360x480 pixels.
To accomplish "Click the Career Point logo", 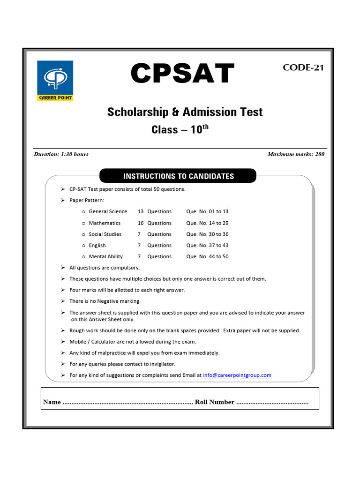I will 55,80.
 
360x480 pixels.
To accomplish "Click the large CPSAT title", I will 182,74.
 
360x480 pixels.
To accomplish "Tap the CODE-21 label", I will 303,67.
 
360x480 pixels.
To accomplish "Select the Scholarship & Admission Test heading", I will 185,112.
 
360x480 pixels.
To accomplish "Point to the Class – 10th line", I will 180,129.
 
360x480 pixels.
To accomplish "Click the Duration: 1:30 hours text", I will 61,154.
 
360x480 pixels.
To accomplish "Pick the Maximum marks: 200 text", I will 295,154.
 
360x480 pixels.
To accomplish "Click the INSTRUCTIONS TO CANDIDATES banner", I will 178,176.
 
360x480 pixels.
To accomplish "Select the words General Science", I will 108,212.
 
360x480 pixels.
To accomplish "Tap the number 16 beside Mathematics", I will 141,223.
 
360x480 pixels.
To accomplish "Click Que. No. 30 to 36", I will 207,234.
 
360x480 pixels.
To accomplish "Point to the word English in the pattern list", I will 97,246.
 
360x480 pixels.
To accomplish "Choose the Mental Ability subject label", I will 105,257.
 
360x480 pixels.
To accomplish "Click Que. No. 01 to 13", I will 207,212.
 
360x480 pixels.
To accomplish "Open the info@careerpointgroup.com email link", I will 237,375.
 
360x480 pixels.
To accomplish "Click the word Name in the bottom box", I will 52,402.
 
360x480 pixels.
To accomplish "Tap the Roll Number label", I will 214,402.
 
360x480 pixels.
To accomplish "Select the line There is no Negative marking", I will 105,301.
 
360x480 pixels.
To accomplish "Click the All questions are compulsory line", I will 105,268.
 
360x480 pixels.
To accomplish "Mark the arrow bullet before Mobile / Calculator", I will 62,342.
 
